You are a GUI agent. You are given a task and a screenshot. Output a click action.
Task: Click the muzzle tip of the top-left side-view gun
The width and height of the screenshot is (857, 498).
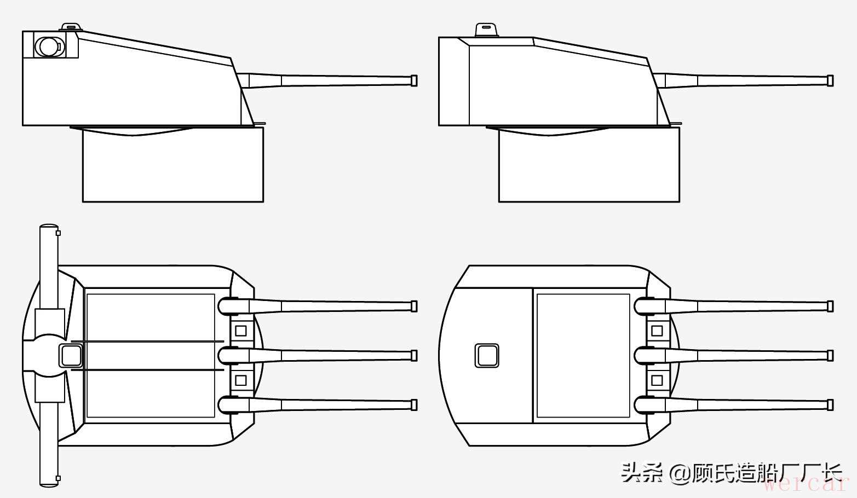tap(414, 80)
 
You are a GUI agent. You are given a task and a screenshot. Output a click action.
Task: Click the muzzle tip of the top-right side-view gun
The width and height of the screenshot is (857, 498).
tap(830, 80)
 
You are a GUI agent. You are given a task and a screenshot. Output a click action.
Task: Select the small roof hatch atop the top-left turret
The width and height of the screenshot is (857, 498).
tap(70, 27)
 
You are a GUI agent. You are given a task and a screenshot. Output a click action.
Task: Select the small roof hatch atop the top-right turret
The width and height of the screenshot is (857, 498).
tap(486, 30)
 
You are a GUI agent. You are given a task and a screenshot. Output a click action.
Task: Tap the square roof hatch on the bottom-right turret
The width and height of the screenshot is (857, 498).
tap(486, 355)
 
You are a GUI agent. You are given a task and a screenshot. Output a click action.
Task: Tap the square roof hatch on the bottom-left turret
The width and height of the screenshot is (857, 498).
tap(71, 355)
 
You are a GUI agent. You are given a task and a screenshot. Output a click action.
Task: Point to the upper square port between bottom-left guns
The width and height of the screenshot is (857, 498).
tap(240, 331)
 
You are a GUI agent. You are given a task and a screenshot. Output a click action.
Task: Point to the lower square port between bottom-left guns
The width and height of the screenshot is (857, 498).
tap(240, 380)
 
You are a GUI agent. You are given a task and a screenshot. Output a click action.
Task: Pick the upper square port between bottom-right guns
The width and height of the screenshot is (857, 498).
tap(657, 331)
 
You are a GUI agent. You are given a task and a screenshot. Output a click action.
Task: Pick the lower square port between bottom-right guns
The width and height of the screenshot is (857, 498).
tap(657, 380)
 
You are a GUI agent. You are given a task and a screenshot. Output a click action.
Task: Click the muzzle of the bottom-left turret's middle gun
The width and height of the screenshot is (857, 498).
tap(414, 355)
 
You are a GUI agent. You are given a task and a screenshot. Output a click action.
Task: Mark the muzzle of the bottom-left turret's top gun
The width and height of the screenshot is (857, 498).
tap(414, 306)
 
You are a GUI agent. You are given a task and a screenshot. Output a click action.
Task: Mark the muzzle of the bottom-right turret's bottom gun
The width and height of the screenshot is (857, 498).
tap(830, 405)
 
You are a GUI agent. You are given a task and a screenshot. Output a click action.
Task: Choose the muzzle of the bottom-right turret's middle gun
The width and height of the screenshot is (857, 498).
tap(830, 355)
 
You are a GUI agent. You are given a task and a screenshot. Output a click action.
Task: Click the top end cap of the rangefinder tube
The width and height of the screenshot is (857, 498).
tap(49, 227)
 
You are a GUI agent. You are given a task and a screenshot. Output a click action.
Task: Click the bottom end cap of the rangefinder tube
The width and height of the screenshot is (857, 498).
tap(49, 483)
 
